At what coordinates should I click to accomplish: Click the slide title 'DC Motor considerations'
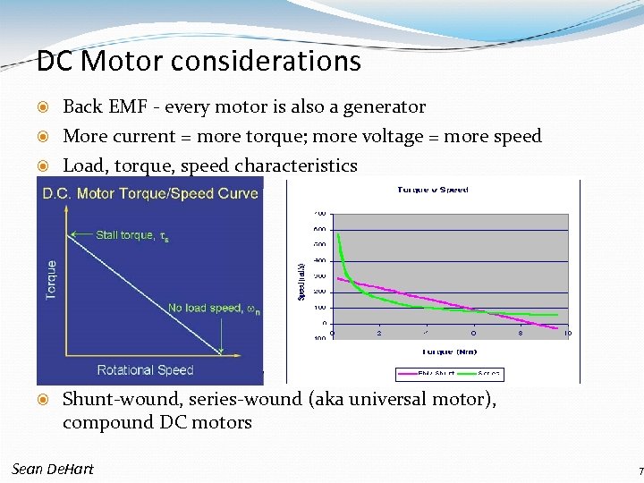(x=199, y=61)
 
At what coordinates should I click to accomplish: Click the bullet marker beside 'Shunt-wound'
(x=47, y=400)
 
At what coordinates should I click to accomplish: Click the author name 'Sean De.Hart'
(x=53, y=469)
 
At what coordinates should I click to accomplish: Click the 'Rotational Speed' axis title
(x=145, y=369)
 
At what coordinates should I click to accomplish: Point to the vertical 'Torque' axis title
(x=51, y=279)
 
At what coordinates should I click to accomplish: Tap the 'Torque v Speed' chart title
(x=433, y=190)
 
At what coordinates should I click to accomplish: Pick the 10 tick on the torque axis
(x=566, y=333)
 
